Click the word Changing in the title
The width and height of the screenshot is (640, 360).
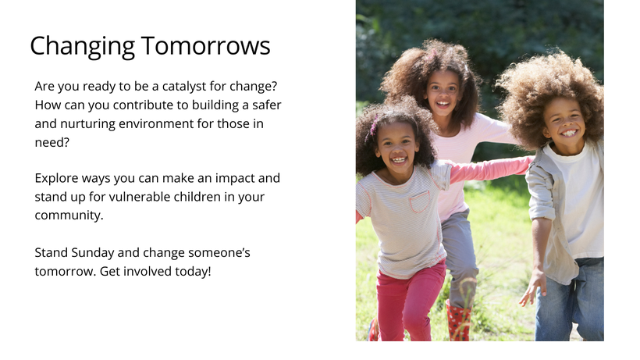[83, 47]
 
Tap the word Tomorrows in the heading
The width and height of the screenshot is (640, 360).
[206, 45]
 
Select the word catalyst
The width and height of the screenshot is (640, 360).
[184, 87]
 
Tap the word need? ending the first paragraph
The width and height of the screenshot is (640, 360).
[52, 142]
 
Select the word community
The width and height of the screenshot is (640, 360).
[69, 216]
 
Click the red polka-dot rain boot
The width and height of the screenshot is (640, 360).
[458, 321]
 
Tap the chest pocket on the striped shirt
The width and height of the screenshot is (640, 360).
[420, 201]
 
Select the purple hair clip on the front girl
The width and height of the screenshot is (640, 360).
[372, 127]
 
